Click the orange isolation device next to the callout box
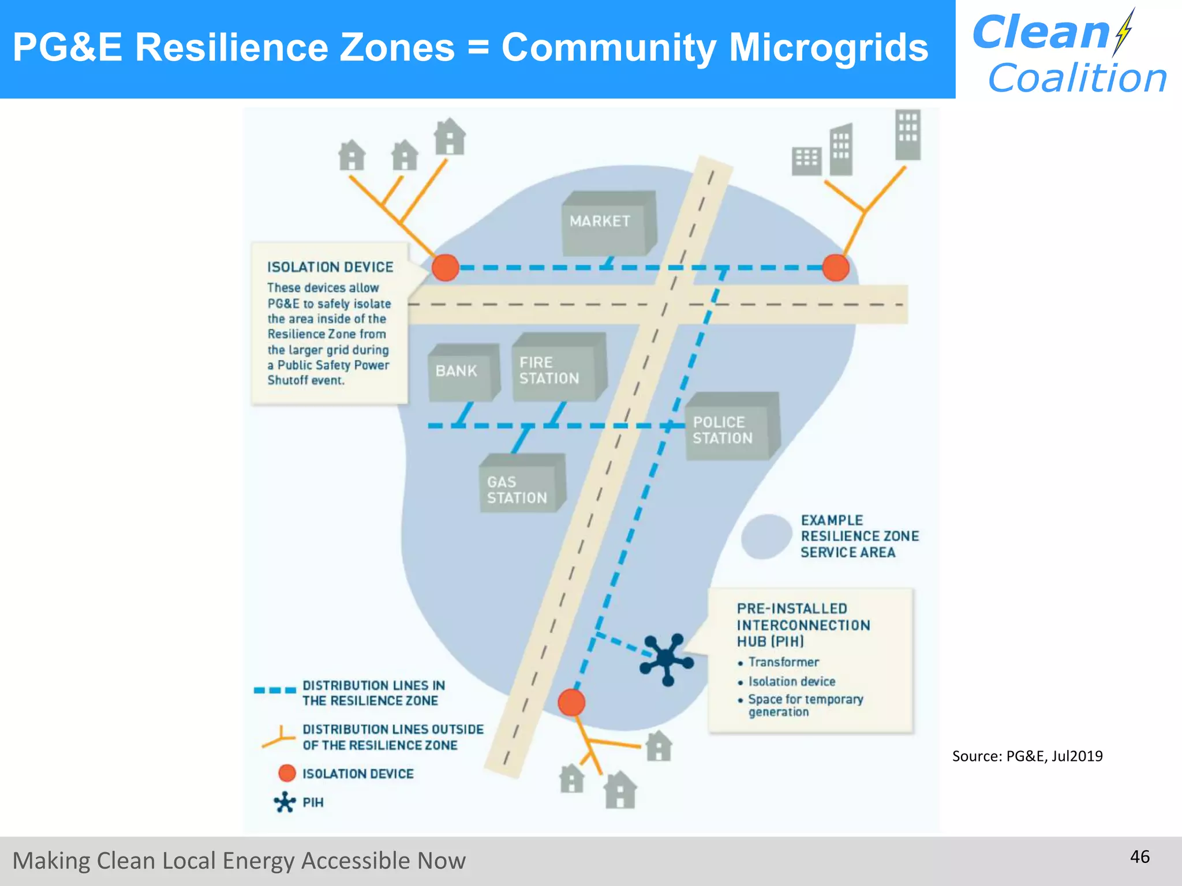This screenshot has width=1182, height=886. click(x=446, y=268)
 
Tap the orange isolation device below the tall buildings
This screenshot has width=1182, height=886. click(x=835, y=268)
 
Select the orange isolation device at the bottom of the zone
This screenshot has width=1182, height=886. click(x=571, y=702)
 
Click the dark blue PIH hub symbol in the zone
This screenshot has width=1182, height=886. click(x=666, y=659)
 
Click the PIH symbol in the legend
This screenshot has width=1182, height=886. click(x=285, y=802)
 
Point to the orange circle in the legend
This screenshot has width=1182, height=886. click(x=287, y=774)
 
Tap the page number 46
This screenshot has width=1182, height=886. click(x=1139, y=857)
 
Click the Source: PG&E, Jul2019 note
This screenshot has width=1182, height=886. click(x=1027, y=756)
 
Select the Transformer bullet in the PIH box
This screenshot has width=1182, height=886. click(x=783, y=662)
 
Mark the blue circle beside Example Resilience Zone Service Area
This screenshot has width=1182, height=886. click(x=766, y=536)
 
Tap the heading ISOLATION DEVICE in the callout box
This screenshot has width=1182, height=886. click(x=330, y=267)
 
